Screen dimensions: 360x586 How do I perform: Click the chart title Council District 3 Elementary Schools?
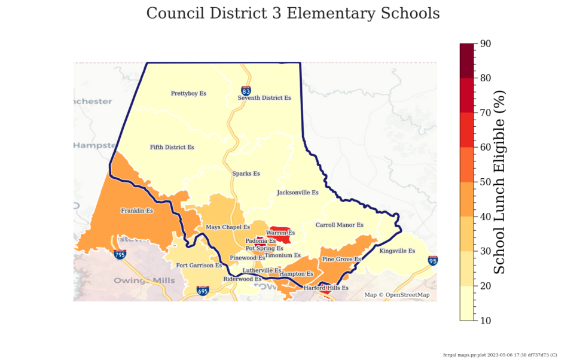click(x=293, y=13)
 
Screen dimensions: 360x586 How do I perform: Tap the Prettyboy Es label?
click(x=188, y=93)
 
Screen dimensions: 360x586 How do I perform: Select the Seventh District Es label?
click(x=264, y=97)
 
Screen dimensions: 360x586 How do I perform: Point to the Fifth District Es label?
click(x=172, y=147)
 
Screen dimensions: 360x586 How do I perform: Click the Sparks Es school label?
click(x=246, y=173)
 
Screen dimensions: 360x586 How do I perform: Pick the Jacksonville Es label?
click(x=297, y=193)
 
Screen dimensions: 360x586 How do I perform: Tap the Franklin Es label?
click(x=137, y=210)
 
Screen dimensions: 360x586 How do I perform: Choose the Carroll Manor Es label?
click(x=339, y=225)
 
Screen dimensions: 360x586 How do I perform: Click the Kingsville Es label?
click(x=397, y=251)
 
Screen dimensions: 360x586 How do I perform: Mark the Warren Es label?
click(x=280, y=233)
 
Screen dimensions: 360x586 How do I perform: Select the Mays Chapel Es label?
click(x=228, y=227)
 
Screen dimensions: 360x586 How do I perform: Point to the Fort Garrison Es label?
click(x=199, y=265)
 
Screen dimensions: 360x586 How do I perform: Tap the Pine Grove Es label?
click(x=341, y=260)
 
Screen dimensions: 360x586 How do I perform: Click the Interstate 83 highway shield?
click(x=246, y=90)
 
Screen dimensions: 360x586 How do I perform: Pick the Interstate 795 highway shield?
click(x=120, y=255)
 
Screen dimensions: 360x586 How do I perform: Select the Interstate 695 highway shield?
click(x=203, y=291)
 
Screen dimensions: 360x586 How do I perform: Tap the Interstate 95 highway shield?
click(x=432, y=261)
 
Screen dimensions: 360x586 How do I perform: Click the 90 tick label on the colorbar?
click(x=486, y=44)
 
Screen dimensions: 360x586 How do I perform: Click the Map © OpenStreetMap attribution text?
click(x=397, y=295)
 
